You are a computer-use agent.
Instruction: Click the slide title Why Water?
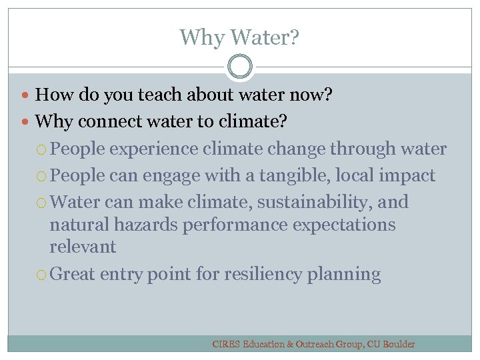(x=239, y=37)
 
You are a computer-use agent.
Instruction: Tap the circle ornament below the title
(x=240, y=67)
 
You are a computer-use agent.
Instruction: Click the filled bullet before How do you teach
(x=27, y=96)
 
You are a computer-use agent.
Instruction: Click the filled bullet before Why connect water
(x=27, y=123)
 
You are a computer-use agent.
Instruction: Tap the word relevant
(x=83, y=247)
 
